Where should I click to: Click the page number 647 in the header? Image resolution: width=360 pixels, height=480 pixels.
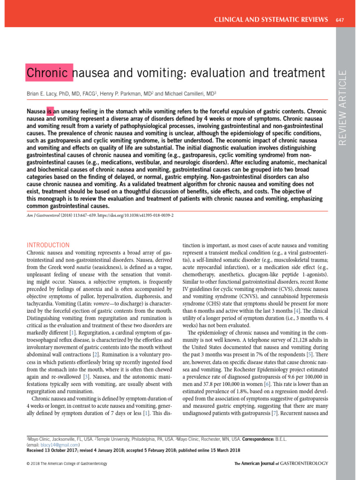tap(340, 19)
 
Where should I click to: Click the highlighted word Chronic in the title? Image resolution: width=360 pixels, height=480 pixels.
tap(49, 73)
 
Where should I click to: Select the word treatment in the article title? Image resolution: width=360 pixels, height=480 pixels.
tap(300, 73)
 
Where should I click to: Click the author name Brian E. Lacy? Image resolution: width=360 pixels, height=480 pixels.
tap(45, 94)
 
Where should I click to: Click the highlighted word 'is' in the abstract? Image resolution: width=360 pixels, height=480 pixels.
tap(50, 112)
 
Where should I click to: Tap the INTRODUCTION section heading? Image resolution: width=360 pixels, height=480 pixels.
tap(48, 245)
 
